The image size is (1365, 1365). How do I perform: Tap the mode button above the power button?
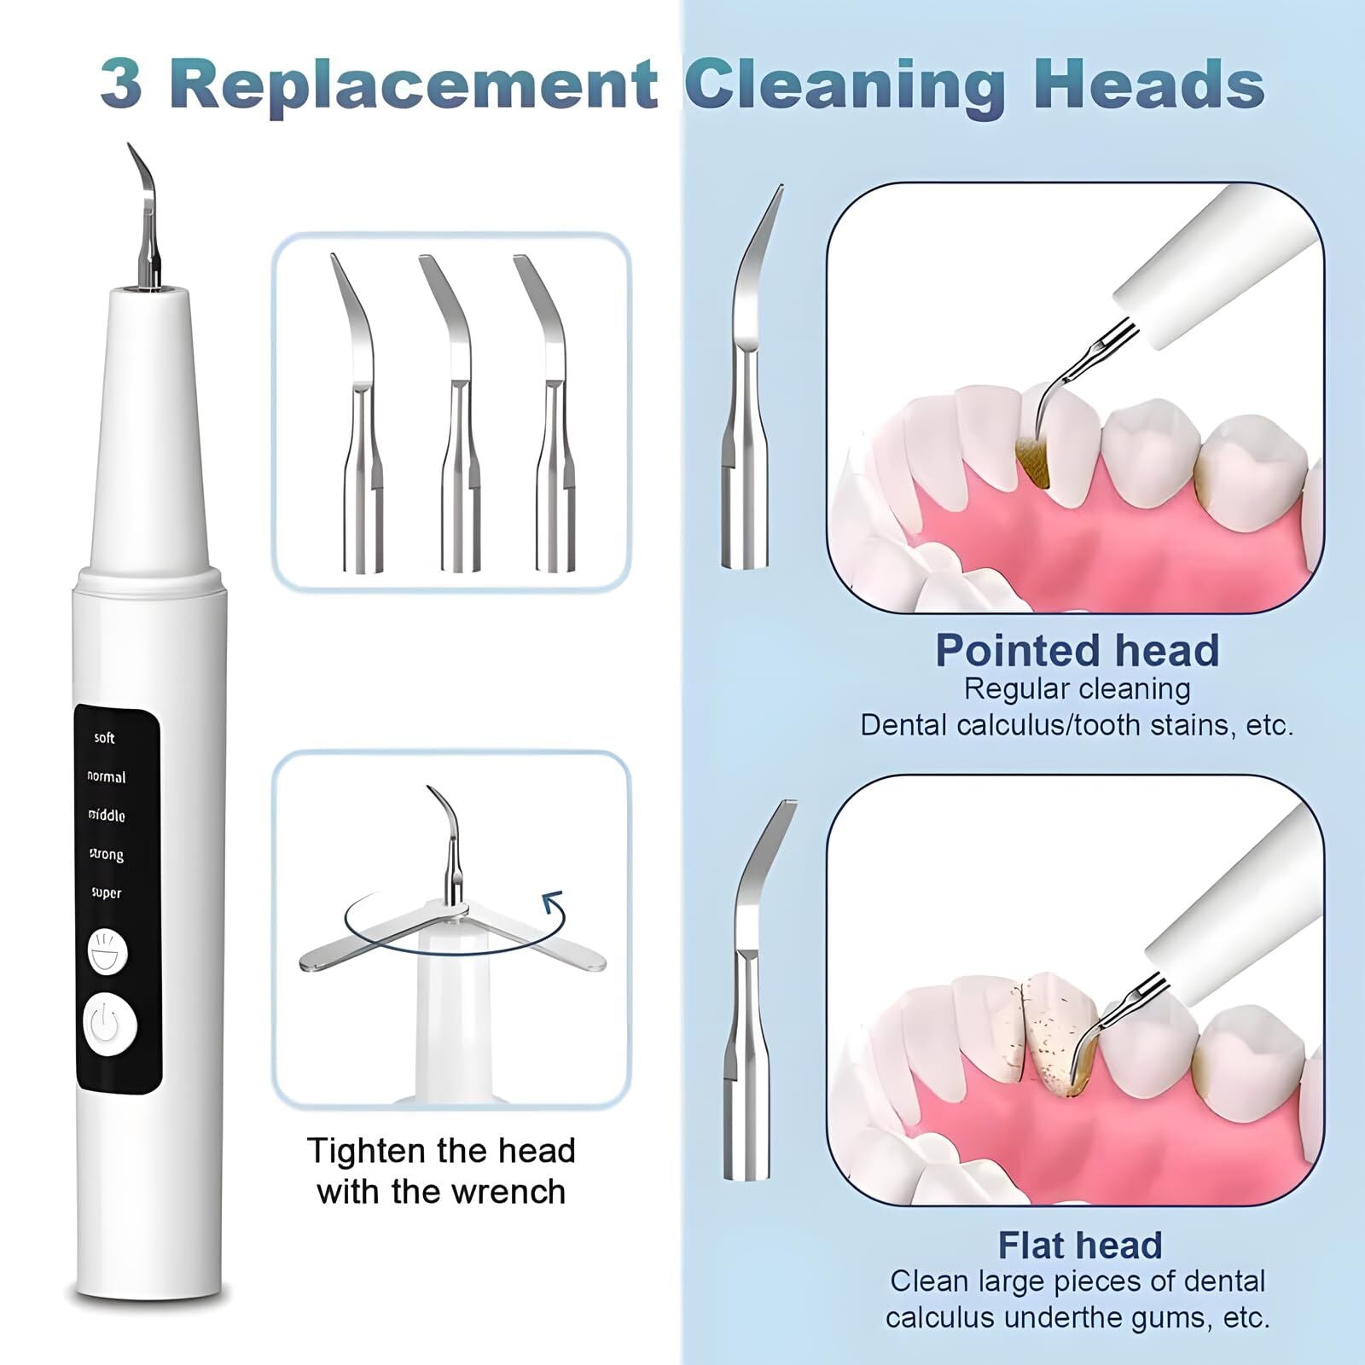point(107,951)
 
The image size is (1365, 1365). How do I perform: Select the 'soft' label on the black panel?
point(104,738)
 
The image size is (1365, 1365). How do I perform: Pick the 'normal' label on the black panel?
point(107,777)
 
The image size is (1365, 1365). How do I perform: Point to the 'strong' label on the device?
point(107,854)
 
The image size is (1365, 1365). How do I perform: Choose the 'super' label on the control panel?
point(107,893)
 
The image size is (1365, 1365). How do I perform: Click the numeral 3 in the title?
point(121,84)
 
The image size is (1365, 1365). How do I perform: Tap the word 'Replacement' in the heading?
point(418,84)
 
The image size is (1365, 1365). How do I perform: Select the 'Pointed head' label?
point(1077,651)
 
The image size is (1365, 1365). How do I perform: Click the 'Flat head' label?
point(1080,1246)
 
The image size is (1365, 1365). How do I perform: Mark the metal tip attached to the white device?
point(146,222)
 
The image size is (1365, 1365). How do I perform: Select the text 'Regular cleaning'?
point(1077,689)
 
